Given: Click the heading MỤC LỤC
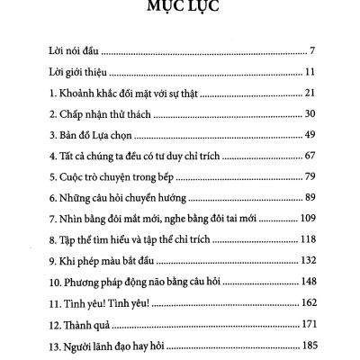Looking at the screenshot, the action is pyautogui.click(x=180, y=12).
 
